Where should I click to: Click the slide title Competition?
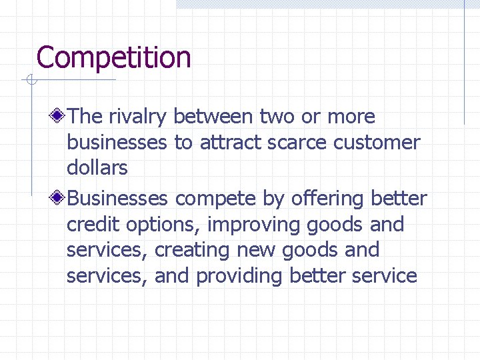pos(113,58)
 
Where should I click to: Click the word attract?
pos(229,143)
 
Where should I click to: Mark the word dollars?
pos(97,168)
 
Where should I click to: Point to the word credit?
pos(91,225)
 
